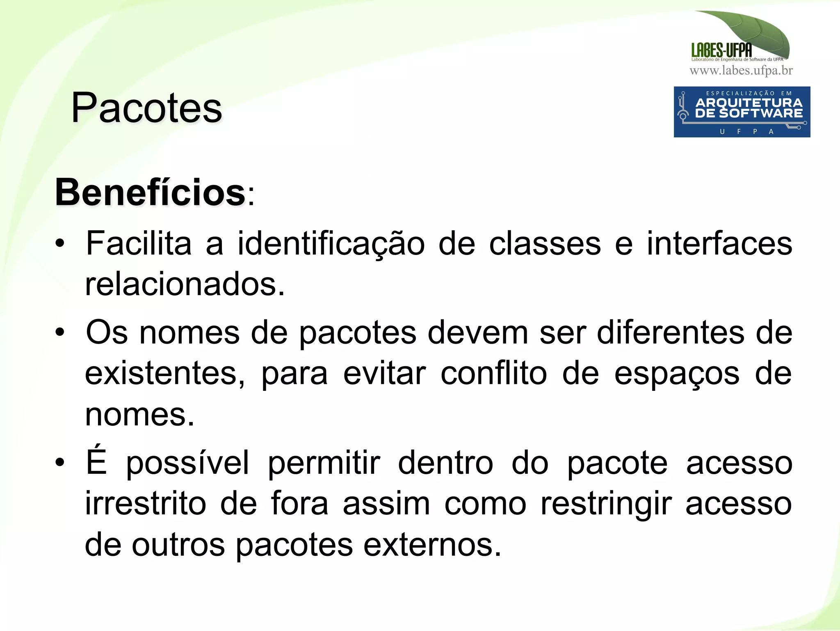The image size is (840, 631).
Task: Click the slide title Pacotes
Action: coord(146,108)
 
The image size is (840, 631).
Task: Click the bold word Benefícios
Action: coord(150,193)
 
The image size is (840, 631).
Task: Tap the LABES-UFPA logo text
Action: coord(721,50)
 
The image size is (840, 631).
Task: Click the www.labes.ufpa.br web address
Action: coord(741,71)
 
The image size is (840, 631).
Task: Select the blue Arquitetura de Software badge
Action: coord(742,112)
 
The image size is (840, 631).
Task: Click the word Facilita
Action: coord(139,243)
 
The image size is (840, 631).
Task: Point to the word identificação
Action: coord(331,244)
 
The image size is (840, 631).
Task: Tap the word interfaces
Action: coord(719,243)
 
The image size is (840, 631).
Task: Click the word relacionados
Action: coord(185,284)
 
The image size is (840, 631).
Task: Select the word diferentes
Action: coord(670,332)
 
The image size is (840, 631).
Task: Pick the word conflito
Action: coord(493,374)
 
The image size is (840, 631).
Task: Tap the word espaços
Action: coord(677,374)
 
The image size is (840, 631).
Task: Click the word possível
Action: coord(187,463)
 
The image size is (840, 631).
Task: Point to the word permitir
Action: coord(324,463)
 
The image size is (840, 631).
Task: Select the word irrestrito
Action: coord(145,504)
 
